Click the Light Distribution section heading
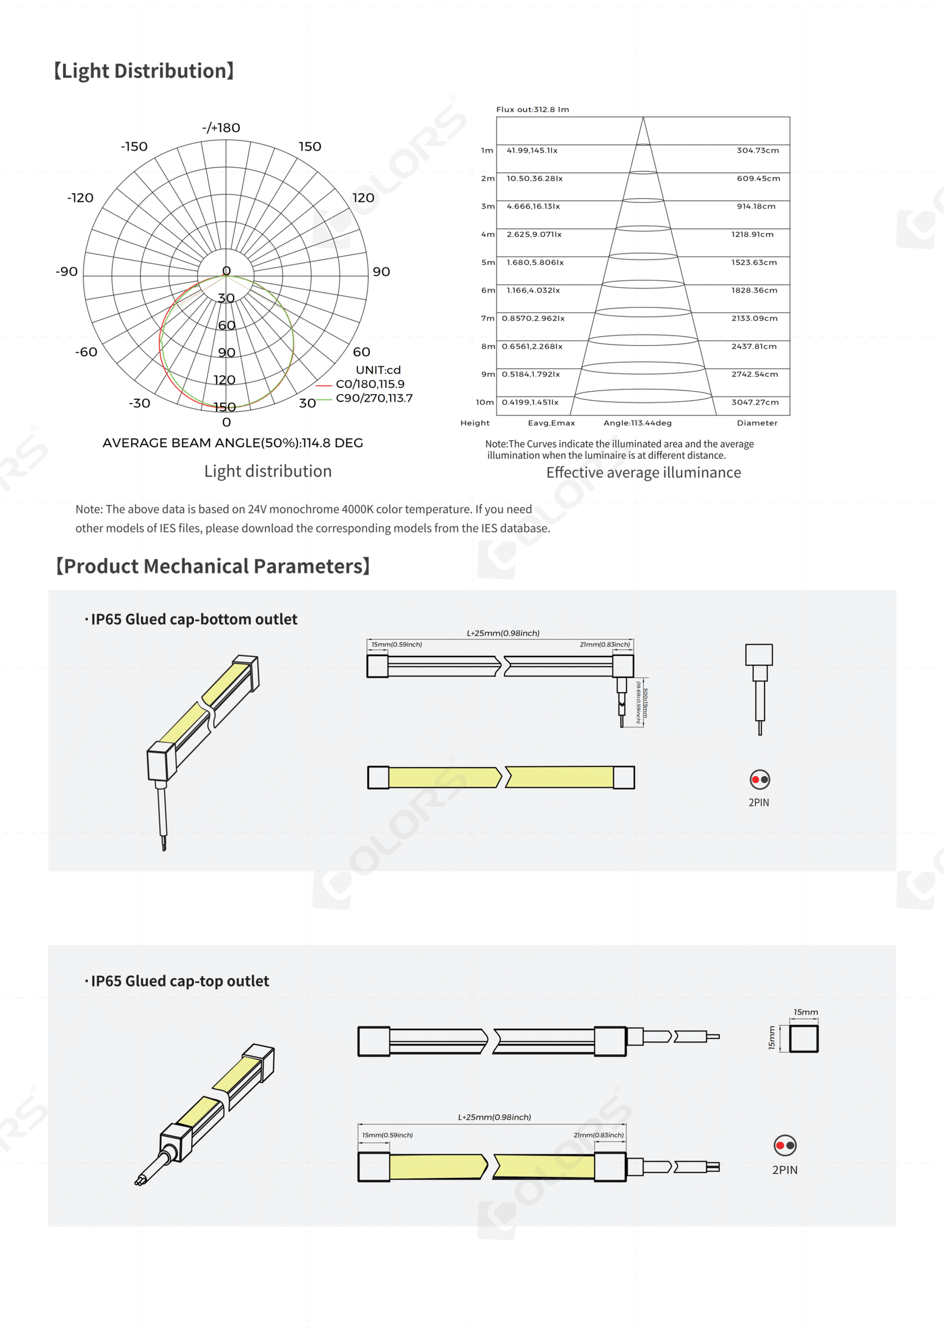point(144,71)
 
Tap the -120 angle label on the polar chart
point(80,198)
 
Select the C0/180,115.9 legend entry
point(370,384)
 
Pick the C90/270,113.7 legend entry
point(374,398)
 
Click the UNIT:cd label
point(378,370)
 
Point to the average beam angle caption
point(232,443)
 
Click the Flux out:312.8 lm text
point(532,110)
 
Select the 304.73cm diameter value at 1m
point(758,150)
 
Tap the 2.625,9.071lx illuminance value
point(534,234)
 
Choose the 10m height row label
point(485,402)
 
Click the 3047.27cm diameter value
point(755,402)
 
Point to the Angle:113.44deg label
point(637,423)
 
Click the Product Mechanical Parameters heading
point(213,566)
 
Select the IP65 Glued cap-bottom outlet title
point(194,619)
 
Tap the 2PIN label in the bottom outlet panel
point(759,803)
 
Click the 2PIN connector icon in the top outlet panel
point(785,1146)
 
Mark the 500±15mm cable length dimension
point(644,703)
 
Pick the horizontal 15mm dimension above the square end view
point(805,1012)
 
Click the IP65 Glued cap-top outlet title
point(179,981)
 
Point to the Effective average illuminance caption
point(643,473)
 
